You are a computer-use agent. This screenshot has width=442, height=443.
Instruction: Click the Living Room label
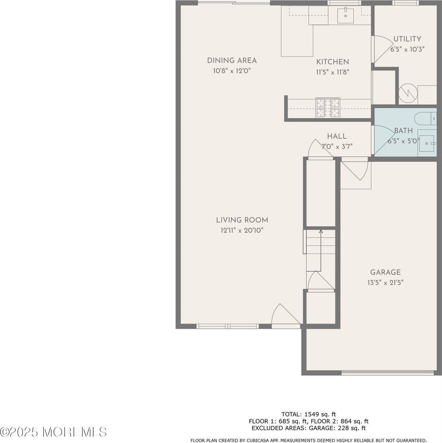[242, 220]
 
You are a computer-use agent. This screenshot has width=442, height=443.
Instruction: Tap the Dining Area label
[232, 61]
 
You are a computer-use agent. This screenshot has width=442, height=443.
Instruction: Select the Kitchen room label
[332, 62]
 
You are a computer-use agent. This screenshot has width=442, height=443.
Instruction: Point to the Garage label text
[385, 272]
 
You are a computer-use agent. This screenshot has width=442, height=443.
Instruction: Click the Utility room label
[407, 39]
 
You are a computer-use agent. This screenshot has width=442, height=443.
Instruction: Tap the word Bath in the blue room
[403, 131]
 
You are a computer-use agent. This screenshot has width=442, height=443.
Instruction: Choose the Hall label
[337, 136]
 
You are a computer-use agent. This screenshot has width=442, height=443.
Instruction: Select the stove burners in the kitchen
[327, 108]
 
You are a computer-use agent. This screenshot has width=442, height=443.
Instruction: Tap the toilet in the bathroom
[426, 119]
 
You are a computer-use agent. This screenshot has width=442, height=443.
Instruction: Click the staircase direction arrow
[321, 232]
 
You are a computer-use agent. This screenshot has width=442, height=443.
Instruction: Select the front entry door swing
[285, 316]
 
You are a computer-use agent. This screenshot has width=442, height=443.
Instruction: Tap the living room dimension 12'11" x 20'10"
[242, 230]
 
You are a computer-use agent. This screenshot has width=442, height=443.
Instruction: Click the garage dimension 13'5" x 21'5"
[385, 283]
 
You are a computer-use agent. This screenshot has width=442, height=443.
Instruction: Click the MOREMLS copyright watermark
[54, 432]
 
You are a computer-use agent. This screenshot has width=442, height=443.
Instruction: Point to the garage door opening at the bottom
[388, 373]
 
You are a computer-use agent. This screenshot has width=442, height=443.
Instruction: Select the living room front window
[227, 326]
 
